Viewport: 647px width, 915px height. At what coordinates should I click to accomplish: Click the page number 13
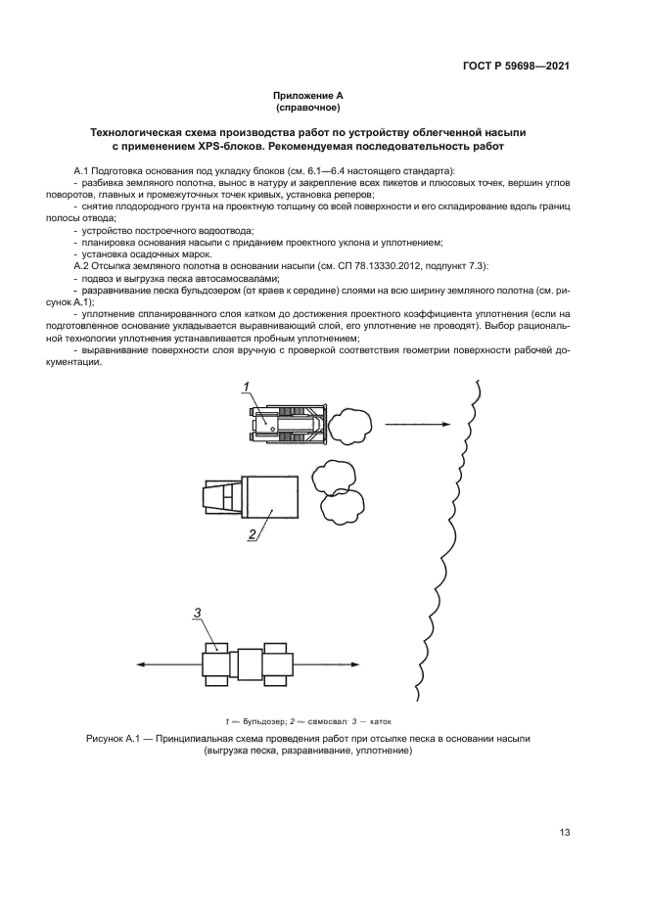[x=565, y=832]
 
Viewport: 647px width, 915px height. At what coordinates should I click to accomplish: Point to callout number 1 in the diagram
[x=248, y=386]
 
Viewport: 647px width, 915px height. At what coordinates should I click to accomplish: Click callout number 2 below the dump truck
[x=252, y=533]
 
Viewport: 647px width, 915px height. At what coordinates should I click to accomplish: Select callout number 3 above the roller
[x=198, y=613]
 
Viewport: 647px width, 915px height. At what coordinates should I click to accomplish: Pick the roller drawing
[x=251, y=664]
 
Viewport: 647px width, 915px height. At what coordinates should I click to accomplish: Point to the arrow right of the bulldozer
[x=416, y=425]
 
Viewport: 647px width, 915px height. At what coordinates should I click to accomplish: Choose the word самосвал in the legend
[x=331, y=719]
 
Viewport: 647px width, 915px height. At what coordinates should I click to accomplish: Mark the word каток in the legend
[x=393, y=719]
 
